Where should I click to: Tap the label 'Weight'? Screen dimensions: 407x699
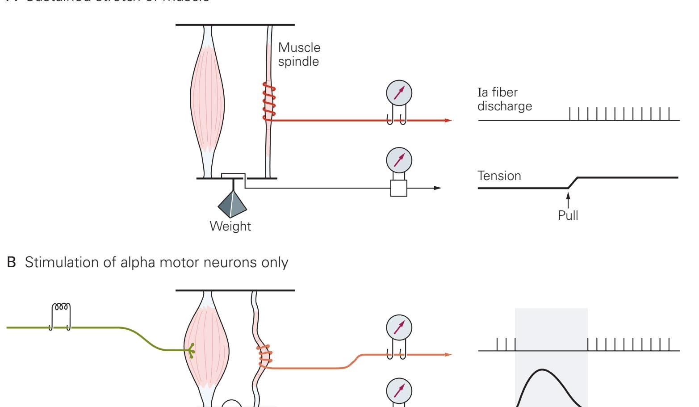pyautogui.click(x=230, y=226)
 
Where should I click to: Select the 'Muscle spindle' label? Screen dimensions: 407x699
pyautogui.click(x=299, y=54)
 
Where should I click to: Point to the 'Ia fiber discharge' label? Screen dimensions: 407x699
pyautogui.click(x=504, y=99)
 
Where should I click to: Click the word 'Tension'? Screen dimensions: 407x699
pyautogui.click(x=499, y=176)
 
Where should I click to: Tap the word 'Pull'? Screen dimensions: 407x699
pyautogui.click(x=568, y=215)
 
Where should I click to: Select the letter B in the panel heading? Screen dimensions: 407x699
pyautogui.click(x=12, y=262)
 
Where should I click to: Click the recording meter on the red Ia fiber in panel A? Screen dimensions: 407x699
pyautogui.click(x=399, y=93)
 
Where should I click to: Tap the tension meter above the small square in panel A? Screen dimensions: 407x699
pyautogui.click(x=399, y=160)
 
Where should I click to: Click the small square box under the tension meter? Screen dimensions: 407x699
pyautogui.click(x=399, y=188)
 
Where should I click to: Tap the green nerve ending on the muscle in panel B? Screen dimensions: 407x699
pyautogui.click(x=191, y=351)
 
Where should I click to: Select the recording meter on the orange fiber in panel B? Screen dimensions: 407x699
pyautogui.click(x=399, y=327)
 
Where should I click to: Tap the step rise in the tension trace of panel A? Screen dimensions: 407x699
pyautogui.click(x=573, y=183)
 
